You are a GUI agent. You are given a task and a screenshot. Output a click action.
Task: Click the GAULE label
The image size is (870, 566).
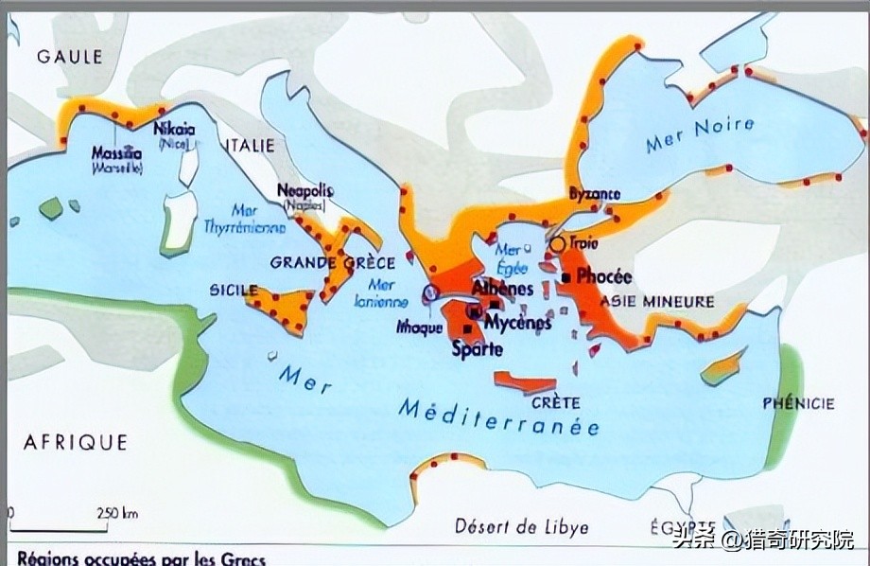69,57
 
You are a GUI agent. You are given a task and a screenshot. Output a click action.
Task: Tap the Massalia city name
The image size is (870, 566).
117,152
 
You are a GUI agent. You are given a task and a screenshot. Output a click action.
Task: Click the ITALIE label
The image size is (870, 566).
250,146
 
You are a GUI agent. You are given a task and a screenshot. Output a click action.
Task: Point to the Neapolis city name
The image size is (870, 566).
305,190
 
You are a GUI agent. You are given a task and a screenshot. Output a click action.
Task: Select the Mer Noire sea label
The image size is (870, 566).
700,135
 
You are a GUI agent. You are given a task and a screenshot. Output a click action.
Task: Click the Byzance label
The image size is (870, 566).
595,195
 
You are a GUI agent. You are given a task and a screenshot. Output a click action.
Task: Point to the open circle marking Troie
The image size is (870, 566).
557,244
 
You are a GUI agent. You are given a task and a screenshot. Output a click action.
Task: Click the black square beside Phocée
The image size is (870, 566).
565,277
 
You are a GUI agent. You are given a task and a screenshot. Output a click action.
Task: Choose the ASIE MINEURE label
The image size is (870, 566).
657,302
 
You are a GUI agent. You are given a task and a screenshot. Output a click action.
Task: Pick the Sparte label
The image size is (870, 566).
477,348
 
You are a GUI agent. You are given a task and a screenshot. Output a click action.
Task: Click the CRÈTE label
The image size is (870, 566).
555,402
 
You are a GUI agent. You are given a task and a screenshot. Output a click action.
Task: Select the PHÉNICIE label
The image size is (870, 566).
798,404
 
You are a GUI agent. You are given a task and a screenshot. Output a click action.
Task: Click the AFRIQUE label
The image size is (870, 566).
76,441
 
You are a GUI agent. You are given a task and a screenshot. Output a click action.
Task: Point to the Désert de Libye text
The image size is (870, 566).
521,527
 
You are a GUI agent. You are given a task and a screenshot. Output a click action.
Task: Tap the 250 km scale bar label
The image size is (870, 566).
117,514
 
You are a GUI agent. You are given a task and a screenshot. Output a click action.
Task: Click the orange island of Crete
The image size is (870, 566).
524,382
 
